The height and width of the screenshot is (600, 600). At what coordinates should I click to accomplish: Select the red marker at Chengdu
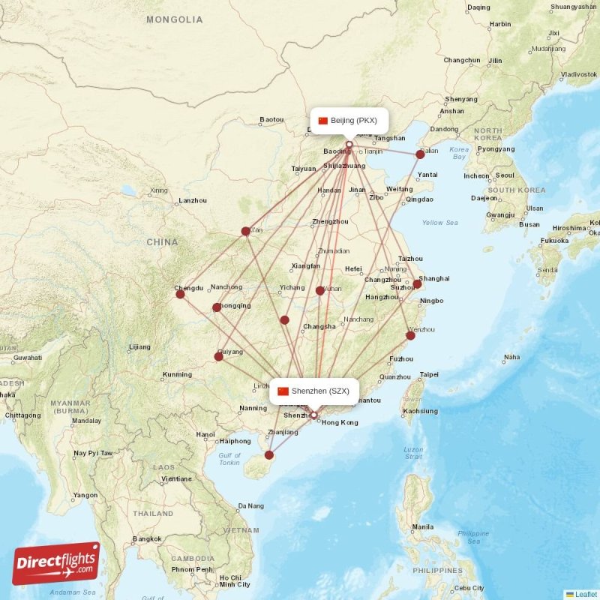pos(181,294)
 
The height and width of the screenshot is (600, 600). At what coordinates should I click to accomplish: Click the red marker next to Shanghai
pos(418,284)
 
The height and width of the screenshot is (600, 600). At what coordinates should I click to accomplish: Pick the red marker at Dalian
pos(420,154)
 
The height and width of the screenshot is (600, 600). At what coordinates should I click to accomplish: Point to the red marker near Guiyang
pos(218,356)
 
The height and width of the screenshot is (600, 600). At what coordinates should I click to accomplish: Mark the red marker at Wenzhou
pos(410,335)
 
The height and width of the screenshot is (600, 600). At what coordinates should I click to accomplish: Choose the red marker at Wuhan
pos(320,290)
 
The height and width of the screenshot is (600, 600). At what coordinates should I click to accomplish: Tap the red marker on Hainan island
pos(269,454)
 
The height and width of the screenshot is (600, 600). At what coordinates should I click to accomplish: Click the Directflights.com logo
pos(56,563)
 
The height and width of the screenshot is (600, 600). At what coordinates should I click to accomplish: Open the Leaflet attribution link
pos(584,594)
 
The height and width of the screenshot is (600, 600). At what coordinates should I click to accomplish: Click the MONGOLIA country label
pos(174,19)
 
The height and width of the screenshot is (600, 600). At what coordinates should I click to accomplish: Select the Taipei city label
pos(429,374)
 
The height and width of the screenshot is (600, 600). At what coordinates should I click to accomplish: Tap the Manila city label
pos(422,526)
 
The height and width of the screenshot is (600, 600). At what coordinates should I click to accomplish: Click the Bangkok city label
pos(146,538)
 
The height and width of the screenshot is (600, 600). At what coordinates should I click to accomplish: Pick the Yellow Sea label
pos(439,223)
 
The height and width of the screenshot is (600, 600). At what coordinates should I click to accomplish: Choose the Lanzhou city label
pos(193,200)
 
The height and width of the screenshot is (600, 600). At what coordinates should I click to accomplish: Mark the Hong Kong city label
pos(340,423)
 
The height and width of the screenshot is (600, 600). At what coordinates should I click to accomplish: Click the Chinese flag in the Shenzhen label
pos(283,391)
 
